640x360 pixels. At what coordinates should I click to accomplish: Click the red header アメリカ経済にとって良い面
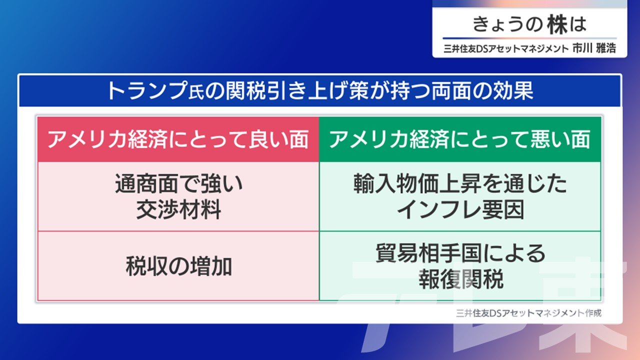click(x=178, y=139)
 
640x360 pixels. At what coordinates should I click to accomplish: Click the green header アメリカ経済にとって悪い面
click(x=460, y=139)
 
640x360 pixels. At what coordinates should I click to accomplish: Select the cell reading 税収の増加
click(x=178, y=265)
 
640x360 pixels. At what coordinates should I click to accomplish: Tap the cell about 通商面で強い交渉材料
click(x=178, y=196)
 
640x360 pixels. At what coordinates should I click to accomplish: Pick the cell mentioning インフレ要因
click(x=460, y=196)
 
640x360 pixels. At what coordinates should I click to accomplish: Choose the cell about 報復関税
click(x=460, y=265)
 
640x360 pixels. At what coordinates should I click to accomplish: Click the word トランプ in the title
click(x=147, y=91)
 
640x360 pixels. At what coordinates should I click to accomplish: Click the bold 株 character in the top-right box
click(x=557, y=24)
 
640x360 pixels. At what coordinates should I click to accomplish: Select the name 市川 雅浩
click(x=594, y=48)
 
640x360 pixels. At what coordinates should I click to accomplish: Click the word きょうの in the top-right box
click(x=507, y=24)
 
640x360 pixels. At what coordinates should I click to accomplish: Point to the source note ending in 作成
click(x=528, y=313)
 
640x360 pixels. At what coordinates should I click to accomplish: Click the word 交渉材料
click(x=179, y=209)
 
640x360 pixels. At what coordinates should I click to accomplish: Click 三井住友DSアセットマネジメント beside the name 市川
click(x=506, y=48)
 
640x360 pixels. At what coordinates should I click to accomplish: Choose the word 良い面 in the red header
click(x=278, y=139)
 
